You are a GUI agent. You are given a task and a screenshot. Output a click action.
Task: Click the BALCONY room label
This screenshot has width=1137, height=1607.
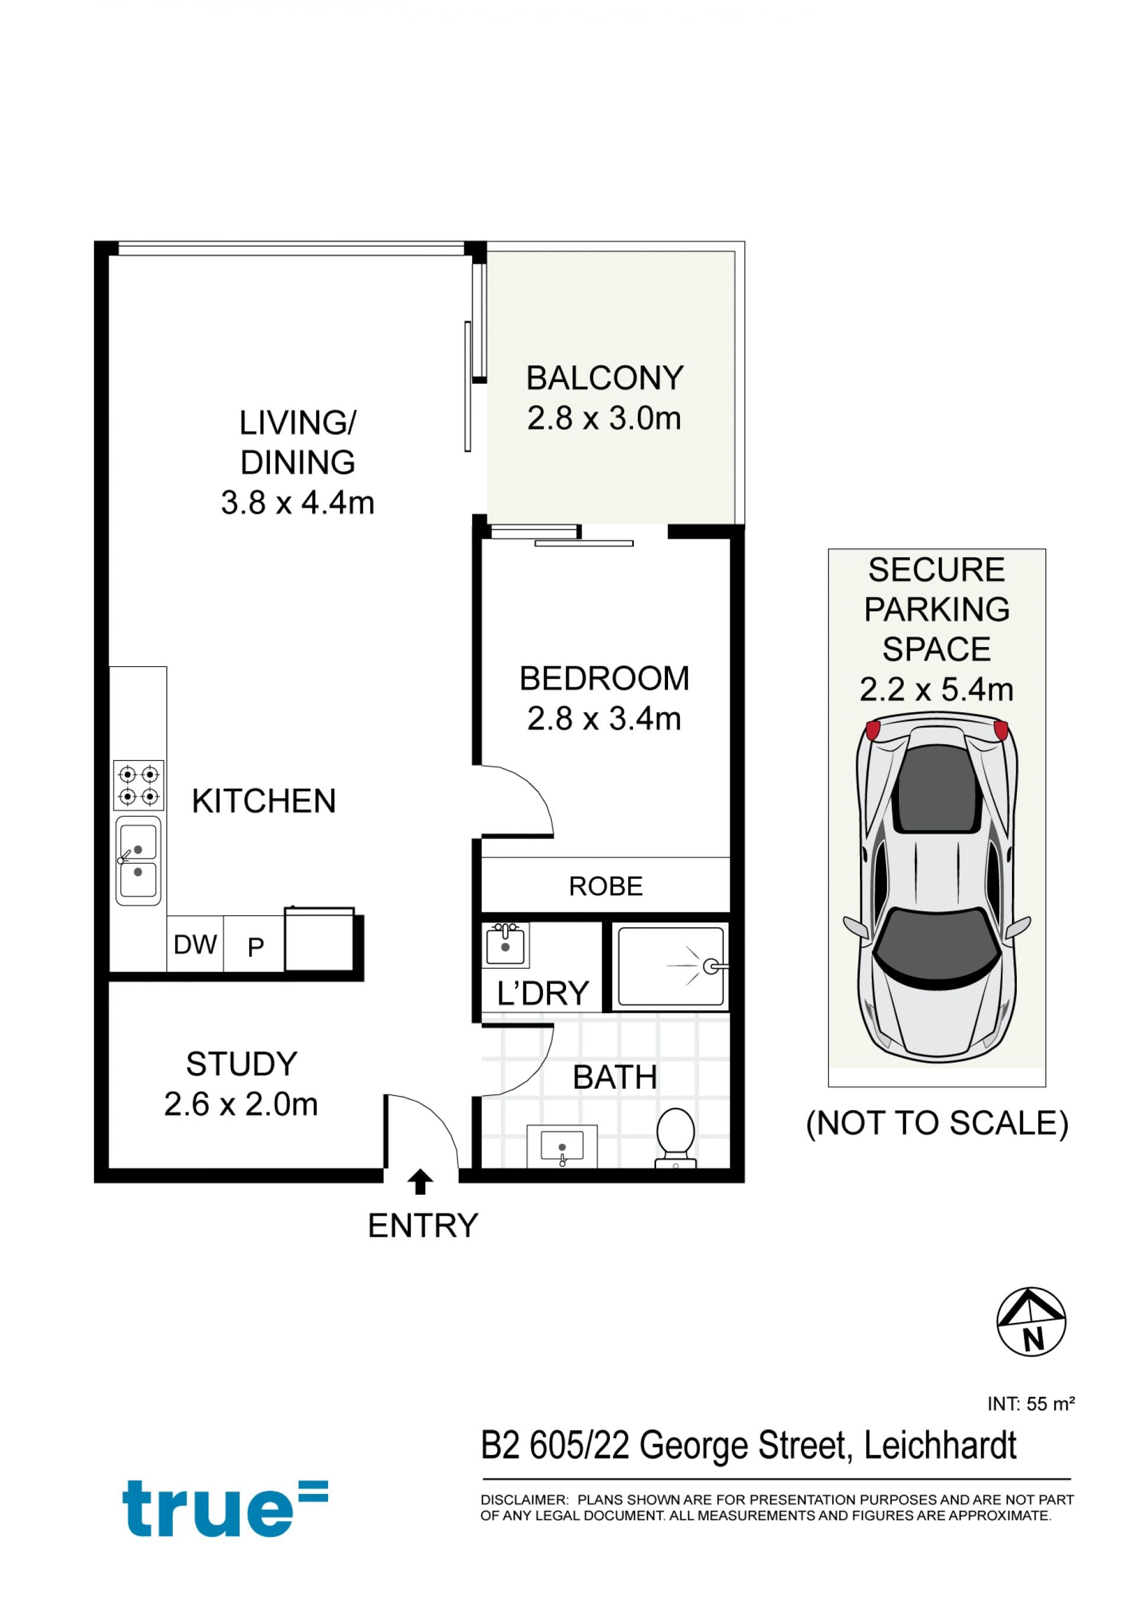605,378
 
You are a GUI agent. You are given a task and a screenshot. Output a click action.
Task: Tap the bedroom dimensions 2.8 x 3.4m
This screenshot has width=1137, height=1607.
604,719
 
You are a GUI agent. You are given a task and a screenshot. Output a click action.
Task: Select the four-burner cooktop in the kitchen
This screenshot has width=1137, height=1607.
139,785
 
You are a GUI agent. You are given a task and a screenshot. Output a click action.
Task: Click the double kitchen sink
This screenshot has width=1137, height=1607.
138,861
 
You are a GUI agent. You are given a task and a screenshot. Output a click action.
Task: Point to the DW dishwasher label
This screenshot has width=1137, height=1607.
195,945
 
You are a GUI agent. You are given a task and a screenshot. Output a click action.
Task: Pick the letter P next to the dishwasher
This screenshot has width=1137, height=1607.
256,947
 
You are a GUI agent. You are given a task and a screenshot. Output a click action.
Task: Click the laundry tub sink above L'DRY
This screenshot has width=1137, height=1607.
505,944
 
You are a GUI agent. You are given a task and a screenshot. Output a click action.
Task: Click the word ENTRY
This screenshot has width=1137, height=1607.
423,1226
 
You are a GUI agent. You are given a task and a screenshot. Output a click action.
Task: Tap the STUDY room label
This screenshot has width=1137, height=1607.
242,1065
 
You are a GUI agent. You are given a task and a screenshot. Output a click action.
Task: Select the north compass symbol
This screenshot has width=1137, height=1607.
1031,1322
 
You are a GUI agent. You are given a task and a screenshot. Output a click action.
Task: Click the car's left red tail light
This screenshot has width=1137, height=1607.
873,731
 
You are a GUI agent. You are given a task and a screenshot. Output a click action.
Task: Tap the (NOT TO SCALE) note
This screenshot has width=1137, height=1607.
937,1123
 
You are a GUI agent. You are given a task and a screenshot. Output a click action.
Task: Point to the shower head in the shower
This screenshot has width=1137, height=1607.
712,966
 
